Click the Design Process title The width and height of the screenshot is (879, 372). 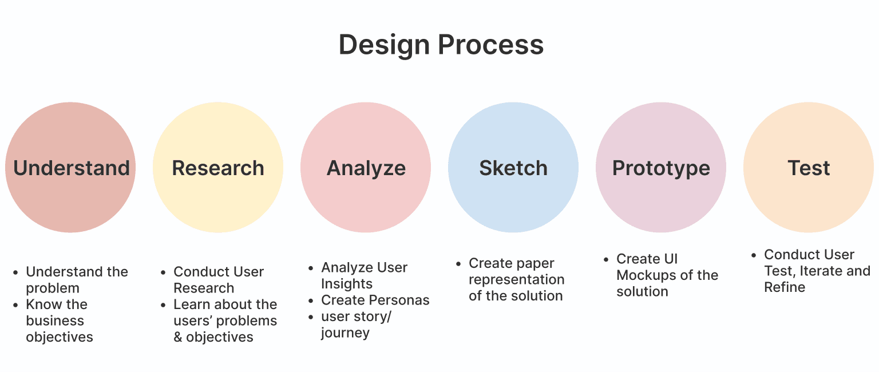coord(441,45)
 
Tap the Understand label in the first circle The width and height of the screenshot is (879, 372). coord(71,168)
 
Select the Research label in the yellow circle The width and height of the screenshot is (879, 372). coord(218,168)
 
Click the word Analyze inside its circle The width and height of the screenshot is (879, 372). coord(366,168)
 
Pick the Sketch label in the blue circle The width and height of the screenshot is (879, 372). coord(513,168)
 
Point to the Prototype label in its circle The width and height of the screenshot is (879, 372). coord(661,168)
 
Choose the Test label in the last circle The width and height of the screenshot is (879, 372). coord(809,168)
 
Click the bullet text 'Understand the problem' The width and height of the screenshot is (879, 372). coord(77,280)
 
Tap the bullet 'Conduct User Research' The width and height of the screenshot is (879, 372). coord(218,280)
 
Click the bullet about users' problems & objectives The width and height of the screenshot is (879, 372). coord(225,320)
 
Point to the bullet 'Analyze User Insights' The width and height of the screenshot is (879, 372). coord(364,275)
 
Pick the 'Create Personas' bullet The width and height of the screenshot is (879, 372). coord(375,300)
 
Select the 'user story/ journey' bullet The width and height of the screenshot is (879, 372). coord(355,324)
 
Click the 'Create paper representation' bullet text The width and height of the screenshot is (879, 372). coord(516,279)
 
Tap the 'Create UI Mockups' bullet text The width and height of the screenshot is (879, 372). coord(667,275)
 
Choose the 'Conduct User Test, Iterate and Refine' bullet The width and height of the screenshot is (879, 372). coord(817,271)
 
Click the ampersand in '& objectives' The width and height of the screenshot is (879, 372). coord(178,337)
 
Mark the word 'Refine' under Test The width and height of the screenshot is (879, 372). coord(785,287)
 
